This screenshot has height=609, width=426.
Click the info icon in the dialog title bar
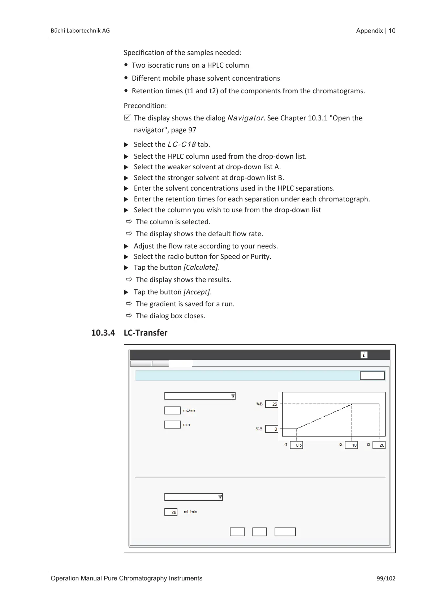364,355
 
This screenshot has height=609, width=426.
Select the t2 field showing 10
352,445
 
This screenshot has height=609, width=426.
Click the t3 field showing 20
379,445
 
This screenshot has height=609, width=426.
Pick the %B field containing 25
272,404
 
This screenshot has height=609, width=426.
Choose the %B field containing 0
272,429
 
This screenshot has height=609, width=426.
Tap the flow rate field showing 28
171,512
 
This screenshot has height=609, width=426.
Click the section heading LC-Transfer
146,333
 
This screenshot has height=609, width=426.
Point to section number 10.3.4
103,333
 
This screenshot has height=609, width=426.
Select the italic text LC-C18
181,145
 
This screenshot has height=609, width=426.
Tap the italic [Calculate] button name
201,268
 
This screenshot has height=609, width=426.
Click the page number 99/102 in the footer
386,578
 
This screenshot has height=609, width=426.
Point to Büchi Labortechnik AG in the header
80,31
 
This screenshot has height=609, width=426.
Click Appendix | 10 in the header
376,31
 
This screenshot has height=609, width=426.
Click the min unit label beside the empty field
186,425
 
